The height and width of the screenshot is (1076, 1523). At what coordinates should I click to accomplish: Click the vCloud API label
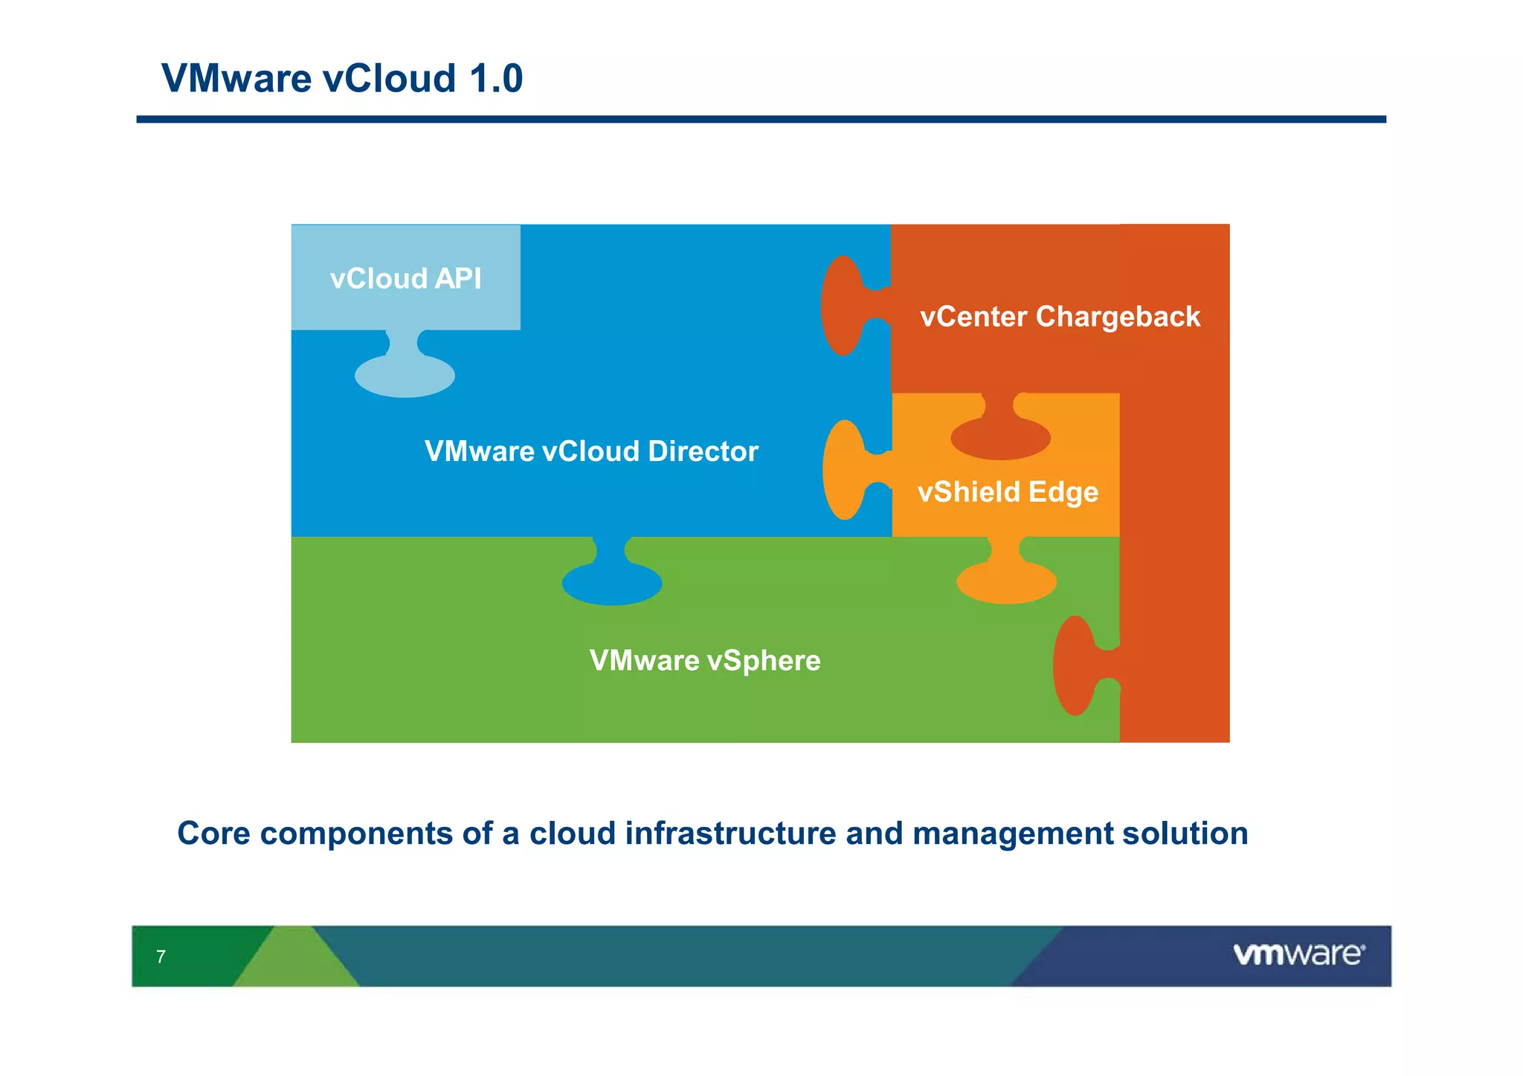pyautogui.click(x=405, y=279)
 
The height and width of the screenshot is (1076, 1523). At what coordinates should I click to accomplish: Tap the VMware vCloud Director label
pyautogui.click(x=591, y=451)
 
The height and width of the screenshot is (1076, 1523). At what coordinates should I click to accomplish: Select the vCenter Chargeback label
pyautogui.click(x=1060, y=317)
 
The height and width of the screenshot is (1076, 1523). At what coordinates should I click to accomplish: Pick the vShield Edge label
pyautogui.click(x=1008, y=492)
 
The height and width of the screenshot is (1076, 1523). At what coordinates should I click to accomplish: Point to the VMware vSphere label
pyautogui.click(x=704, y=660)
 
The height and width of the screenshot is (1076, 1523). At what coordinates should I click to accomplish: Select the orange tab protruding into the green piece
pyautogui.click(x=1006, y=580)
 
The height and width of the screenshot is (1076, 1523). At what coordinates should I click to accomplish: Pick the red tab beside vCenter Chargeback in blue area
pyautogui.click(x=843, y=306)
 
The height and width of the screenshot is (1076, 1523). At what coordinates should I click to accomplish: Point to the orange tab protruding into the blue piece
pyautogui.click(x=846, y=470)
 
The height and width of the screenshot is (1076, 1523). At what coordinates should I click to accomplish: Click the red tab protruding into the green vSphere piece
pyautogui.click(x=1075, y=666)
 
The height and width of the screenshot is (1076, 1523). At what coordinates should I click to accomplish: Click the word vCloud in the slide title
pyautogui.click(x=389, y=78)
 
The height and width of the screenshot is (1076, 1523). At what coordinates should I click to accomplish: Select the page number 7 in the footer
pyautogui.click(x=161, y=957)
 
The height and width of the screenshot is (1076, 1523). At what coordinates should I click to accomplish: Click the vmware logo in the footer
pyautogui.click(x=1298, y=954)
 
